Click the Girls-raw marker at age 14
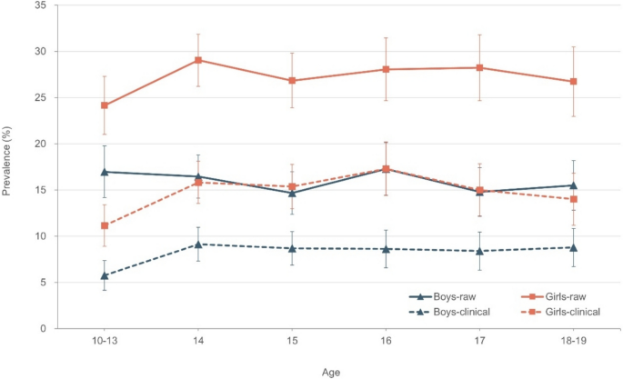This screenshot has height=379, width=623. (198, 60)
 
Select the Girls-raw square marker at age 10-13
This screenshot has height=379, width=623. (105, 105)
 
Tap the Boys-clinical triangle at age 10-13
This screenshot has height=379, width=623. (105, 275)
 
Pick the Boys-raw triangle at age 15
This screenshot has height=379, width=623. (292, 192)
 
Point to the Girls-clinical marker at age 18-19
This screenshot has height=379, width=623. (573, 199)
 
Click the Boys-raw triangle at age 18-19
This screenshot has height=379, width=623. (573, 185)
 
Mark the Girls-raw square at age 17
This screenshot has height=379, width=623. (479, 67)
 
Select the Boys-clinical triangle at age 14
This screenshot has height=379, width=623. (198, 244)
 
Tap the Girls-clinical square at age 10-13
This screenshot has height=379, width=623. (105, 225)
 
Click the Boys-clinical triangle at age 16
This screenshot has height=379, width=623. (386, 248)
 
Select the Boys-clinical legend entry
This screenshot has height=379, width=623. (447, 312)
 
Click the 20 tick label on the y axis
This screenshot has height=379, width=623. (41, 144)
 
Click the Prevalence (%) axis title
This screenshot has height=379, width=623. (7, 166)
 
